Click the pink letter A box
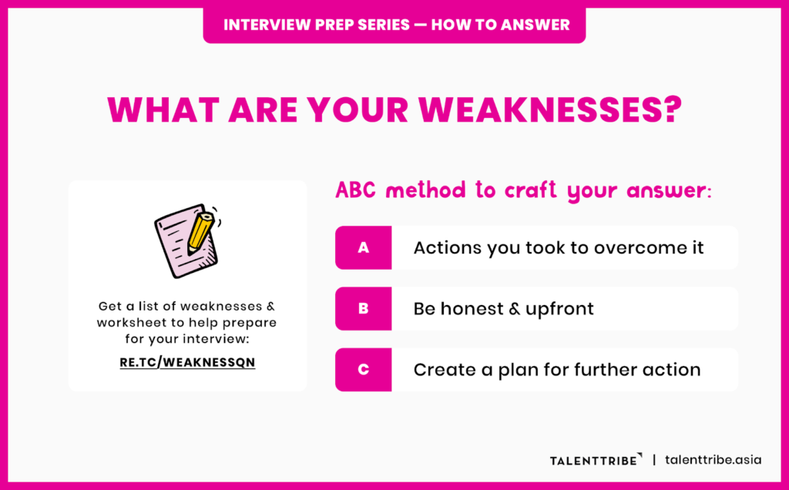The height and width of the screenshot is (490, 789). (363, 247)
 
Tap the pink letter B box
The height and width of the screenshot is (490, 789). (363, 309)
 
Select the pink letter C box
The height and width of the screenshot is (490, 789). (363, 370)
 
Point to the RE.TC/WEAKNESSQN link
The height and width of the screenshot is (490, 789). (187, 361)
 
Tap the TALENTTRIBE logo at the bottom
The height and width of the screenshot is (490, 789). (594, 460)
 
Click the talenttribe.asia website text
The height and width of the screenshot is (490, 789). (713, 459)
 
